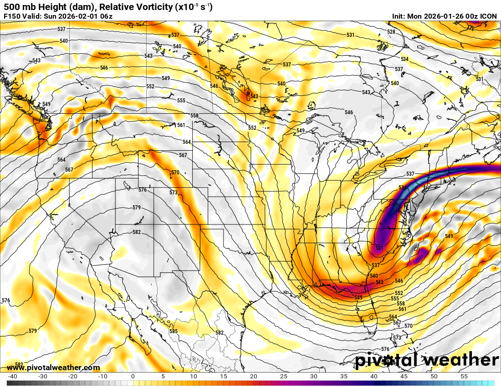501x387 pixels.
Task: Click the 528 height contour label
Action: [x=391, y=31]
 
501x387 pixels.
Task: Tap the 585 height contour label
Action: [x=174, y=331]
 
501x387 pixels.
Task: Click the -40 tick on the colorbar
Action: [x=13, y=377]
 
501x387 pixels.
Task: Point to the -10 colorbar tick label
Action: [x=102, y=377]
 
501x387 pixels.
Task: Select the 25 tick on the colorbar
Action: [x=283, y=377]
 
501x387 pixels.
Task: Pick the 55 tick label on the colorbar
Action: [x=464, y=377]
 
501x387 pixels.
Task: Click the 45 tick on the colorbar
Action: [x=404, y=377]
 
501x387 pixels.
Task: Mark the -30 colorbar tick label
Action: [x=42, y=377]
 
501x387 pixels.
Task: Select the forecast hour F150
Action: [x=12, y=16]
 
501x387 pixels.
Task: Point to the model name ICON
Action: [x=489, y=16]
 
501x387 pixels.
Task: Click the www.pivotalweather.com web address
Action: [x=53, y=368]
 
